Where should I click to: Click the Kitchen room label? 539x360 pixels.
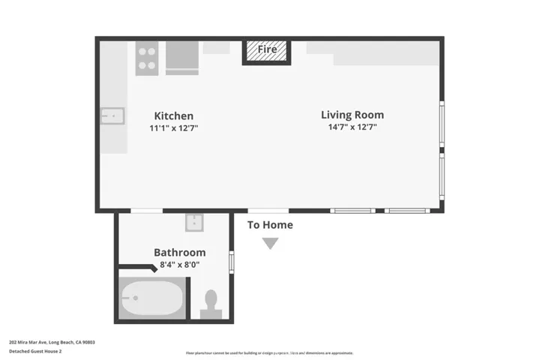coord(173,115)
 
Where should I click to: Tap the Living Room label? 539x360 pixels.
coord(352,115)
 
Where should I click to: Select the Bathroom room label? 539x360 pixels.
coord(179,253)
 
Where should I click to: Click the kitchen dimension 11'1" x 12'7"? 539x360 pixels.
coord(173,128)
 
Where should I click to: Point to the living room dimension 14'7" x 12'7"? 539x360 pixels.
coord(352,127)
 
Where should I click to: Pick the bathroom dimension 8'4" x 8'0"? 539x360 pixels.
coord(179,265)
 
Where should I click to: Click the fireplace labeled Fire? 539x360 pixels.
coord(267,50)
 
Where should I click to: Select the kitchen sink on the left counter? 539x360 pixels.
coord(112,116)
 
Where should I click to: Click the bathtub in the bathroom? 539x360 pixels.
coord(152,300)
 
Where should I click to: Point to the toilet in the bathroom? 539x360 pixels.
coord(211,301)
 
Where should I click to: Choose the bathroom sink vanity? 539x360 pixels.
coord(194,223)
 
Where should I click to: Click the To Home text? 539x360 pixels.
coord(270,225)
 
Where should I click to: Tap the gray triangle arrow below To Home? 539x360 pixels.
coord(270,243)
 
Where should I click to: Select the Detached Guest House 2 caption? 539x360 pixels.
coord(35,351)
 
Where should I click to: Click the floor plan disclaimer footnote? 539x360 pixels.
coord(269,352)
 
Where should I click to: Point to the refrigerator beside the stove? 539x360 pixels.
coord(182,58)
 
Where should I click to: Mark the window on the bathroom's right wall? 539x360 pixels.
coord(232,262)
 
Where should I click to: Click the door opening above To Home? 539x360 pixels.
coord(268,211)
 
